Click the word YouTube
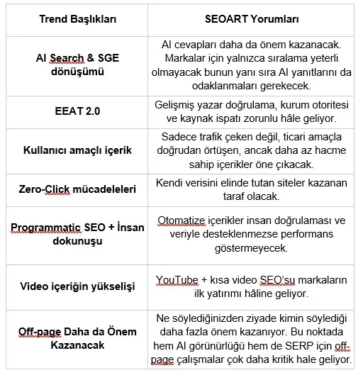click(179, 280)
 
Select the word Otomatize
click(184, 220)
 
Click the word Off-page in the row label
click(38, 332)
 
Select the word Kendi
click(170, 183)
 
